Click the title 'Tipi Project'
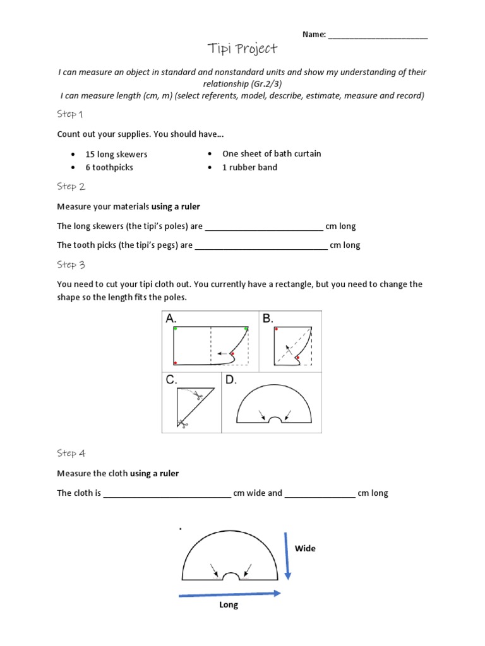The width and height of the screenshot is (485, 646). tap(242, 49)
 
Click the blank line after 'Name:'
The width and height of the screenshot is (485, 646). tap(378, 36)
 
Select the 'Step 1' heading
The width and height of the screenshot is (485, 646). tap(71, 114)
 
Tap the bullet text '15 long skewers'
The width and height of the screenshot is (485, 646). tap(116, 155)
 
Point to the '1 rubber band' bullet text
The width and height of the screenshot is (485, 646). tap(249, 168)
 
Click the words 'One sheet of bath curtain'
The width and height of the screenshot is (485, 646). tap(272, 154)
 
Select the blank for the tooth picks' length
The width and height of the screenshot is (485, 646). tap(261, 247)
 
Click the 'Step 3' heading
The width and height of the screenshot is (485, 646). tap(71, 265)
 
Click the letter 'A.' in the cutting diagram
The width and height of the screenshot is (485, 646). tap(171, 319)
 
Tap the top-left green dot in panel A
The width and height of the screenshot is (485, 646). tap(175, 329)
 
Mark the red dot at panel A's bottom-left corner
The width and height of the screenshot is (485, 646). tap(175, 363)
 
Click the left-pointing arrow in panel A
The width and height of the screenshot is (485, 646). tap(222, 353)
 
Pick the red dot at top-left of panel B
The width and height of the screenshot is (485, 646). tap(277, 329)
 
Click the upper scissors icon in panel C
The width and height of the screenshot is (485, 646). tap(196, 396)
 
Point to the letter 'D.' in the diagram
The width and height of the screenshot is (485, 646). tap(231, 380)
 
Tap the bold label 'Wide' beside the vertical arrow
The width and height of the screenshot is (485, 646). tap(305, 549)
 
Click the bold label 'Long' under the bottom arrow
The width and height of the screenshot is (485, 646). tap(229, 605)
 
